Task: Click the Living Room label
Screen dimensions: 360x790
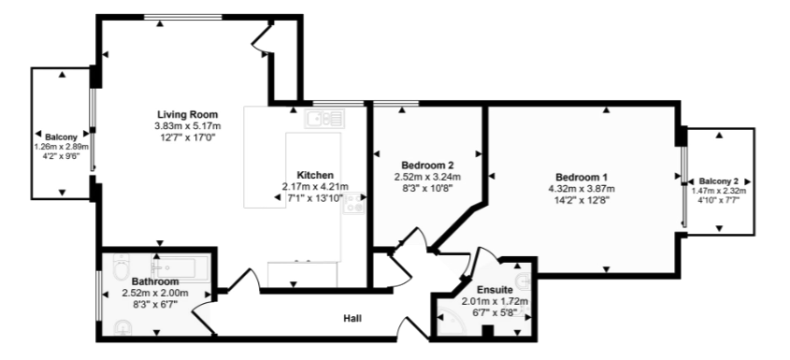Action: click(x=187, y=114)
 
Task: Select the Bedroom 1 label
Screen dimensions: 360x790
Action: click(x=582, y=177)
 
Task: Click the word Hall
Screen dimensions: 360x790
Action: click(x=352, y=319)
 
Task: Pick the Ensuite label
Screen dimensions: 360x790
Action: click(x=494, y=290)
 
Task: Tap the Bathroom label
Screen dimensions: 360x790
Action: click(x=154, y=281)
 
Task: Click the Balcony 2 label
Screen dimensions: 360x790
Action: click(x=721, y=180)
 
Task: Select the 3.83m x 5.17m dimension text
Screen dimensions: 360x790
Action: click(x=187, y=126)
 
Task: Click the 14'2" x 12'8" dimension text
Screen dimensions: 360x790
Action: click(x=582, y=199)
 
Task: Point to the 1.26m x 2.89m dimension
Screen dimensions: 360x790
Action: click(x=61, y=147)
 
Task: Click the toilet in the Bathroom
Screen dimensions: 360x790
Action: click(x=118, y=270)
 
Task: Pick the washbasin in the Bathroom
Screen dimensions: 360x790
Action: click(x=121, y=327)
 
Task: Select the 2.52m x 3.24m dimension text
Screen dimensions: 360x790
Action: click(x=427, y=176)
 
